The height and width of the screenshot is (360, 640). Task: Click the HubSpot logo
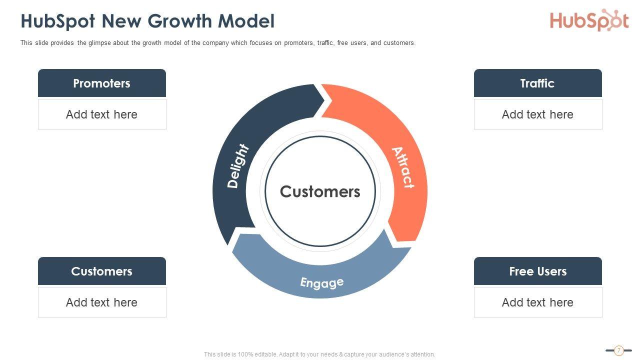tap(589, 20)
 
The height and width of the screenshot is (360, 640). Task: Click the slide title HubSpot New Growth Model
tap(147, 21)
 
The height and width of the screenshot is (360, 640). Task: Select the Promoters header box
tap(102, 83)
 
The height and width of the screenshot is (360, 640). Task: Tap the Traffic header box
tap(537, 83)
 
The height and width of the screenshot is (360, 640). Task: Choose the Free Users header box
tap(537, 271)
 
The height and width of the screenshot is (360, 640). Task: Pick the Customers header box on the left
tap(102, 271)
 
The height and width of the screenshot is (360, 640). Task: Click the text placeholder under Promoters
tap(102, 114)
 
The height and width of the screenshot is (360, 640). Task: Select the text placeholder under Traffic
tap(537, 114)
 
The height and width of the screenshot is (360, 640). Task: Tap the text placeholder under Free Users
tap(537, 302)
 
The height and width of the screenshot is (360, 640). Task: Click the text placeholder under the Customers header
tap(102, 302)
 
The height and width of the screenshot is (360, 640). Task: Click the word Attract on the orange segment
tap(403, 167)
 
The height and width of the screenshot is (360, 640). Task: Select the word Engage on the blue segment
tap(322, 282)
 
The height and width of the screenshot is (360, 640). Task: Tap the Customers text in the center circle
tap(320, 191)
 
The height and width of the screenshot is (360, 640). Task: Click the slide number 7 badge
tap(618, 350)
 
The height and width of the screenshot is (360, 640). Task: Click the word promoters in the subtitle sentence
tap(299, 43)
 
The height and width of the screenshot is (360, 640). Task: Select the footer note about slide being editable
tap(319, 354)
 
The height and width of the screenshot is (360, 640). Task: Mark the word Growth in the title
tap(181, 21)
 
